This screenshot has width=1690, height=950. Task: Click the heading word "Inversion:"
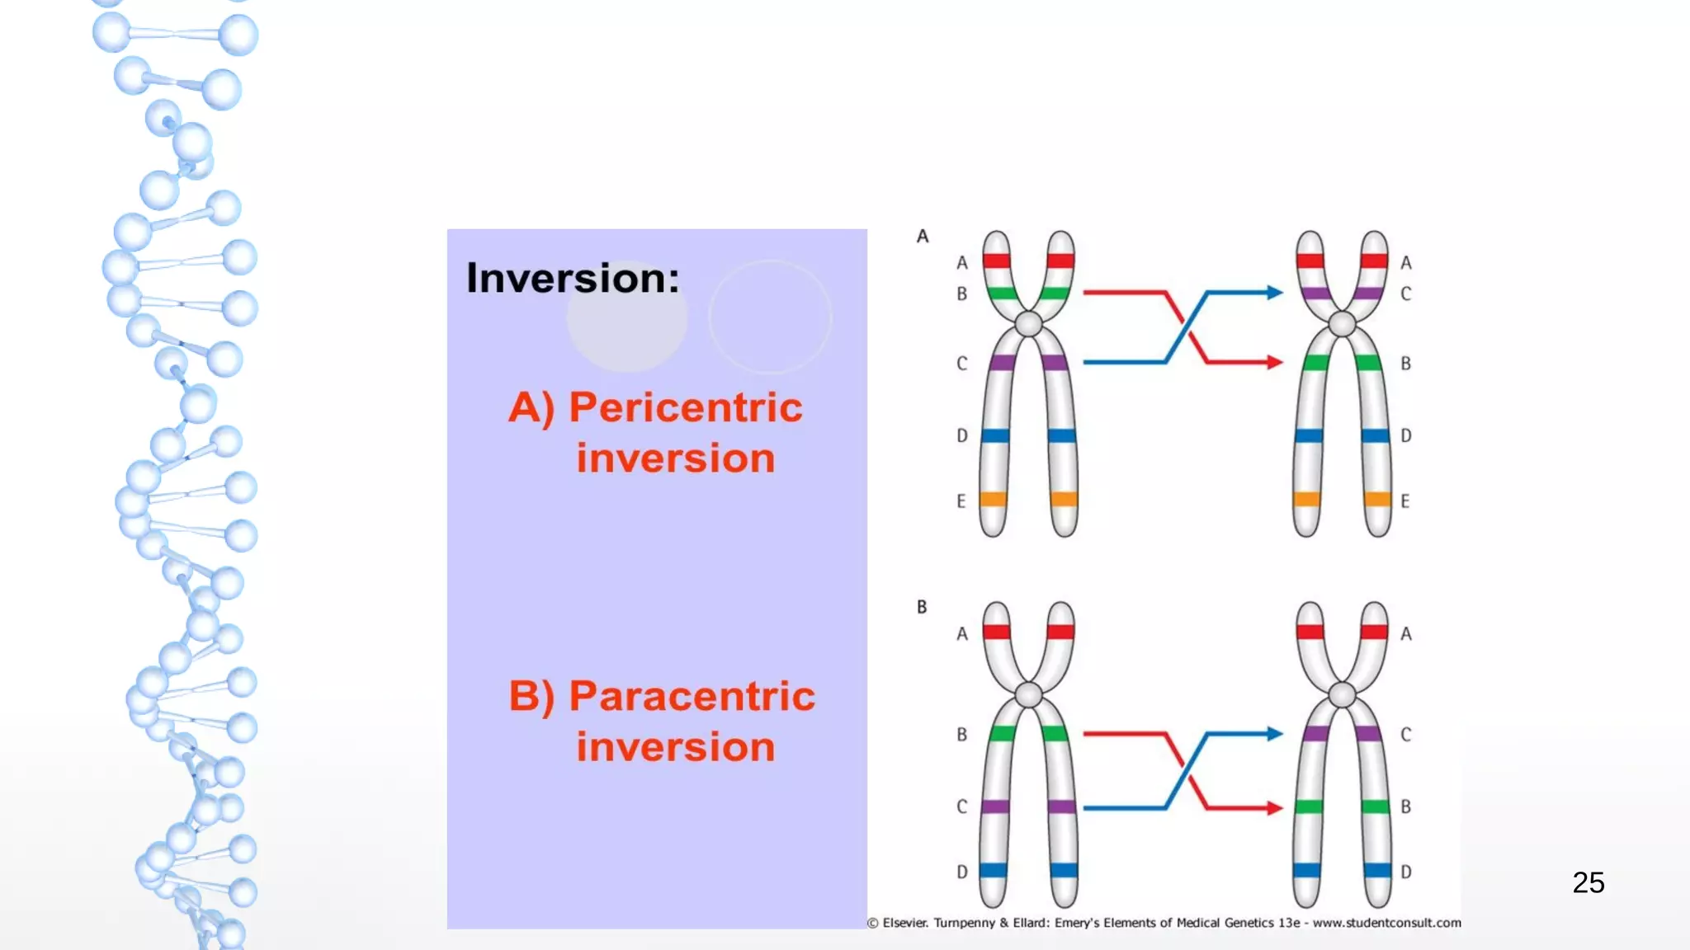pyautogui.click(x=573, y=278)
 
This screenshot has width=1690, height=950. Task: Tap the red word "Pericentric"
pyautogui.click(x=685, y=407)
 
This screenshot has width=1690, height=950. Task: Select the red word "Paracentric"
pyautogui.click(x=692, y=696)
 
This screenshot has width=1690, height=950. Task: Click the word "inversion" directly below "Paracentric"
pyautogui.click(x=675, y=746)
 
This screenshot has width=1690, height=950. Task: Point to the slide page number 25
pyautogui.click(x=1588, y=882)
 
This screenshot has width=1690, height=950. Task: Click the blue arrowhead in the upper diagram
pyautogui.click(x=1275, y=292)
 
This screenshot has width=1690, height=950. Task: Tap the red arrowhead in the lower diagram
pyautogui.click(x=1275, y=808)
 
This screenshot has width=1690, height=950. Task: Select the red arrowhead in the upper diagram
pyautogui.click(x=1275, y=362)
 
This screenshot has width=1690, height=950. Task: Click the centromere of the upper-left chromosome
pyautogui.click(x=1028, y=323)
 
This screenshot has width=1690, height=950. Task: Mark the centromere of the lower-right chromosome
pyautogui.click(x=1343, y=695)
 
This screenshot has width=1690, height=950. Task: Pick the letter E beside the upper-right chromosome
pyautogui.click(x=1405, y=501)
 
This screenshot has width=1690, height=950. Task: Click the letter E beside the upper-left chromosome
pyautogui.click(x=961, y=501)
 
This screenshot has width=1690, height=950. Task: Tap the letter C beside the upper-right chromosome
pyautogui.click(x=1406, y=294)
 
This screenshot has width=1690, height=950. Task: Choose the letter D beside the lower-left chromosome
pyautogui.click(x=962, y=872)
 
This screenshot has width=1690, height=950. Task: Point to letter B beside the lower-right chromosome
pyautogui.click(x=1406, y=807)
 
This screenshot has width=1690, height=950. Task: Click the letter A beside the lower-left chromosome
pyautogui.click(x=962, y=633)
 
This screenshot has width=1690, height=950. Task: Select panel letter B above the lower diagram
pyautogui.click(x=922, y=607)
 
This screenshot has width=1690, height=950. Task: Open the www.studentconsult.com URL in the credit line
pyautogui.click(x=1386, y=923)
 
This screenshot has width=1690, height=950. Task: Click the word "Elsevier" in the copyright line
pyautogui.click(x=905, y=923)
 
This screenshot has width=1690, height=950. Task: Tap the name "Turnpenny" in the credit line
pyautogui.click(x=965, y=923)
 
